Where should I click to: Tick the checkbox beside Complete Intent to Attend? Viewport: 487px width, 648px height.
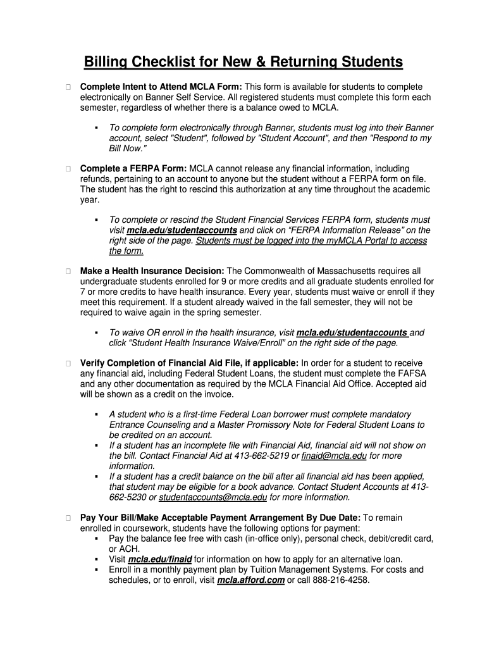(x=67, y=87)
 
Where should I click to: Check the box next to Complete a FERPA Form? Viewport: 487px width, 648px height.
(x=67, y=168)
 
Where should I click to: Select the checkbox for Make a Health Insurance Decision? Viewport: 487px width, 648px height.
(x=67, y=271)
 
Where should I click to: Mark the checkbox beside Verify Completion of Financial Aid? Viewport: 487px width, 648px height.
(x=67, y=363)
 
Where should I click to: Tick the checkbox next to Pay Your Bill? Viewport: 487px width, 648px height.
(x=67, y=518)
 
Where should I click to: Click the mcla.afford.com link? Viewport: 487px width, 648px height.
(x=250, y=580)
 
